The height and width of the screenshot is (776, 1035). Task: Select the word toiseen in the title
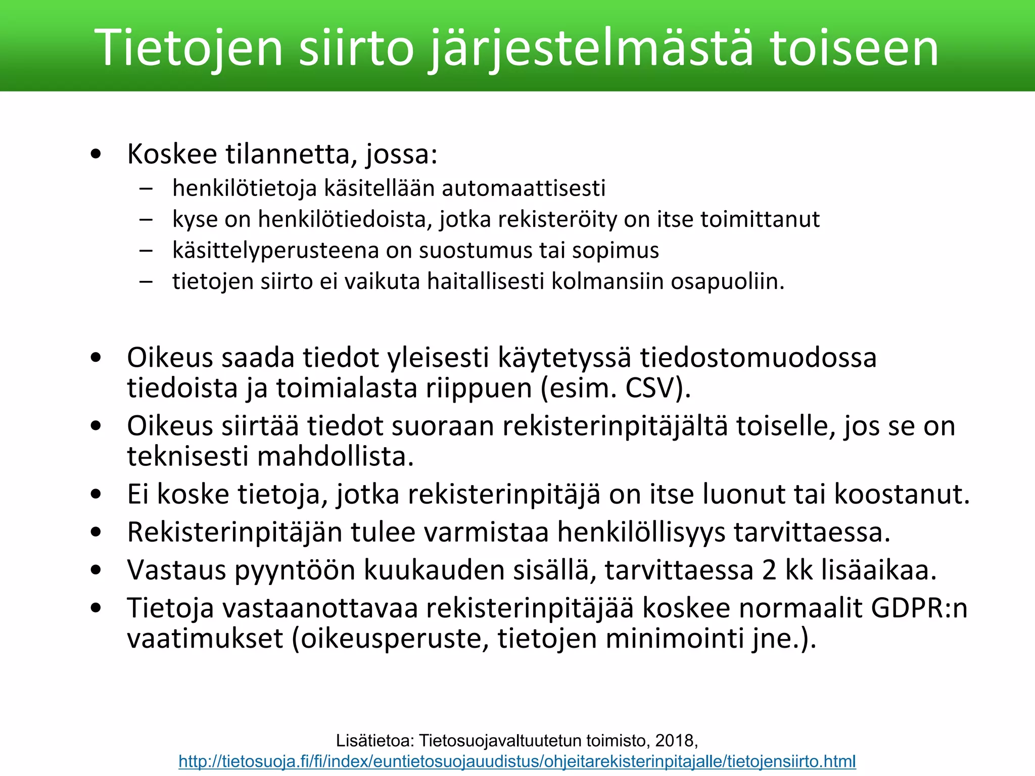[x=855, y=48]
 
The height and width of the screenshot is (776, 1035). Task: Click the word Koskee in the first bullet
[x=172, y=154]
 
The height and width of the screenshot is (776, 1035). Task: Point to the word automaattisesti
[x=523, y=188]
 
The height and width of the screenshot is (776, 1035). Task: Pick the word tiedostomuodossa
[x=758, y=358]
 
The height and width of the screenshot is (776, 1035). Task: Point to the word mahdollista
[x=336, y=456]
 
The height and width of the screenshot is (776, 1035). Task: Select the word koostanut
[x=902, y=494]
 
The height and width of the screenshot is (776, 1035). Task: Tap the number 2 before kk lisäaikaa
[x=769, y=570]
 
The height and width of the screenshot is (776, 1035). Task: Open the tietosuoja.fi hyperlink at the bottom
[x=517, y=761]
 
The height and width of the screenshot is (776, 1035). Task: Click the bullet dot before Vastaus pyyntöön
[x=96, y=570]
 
